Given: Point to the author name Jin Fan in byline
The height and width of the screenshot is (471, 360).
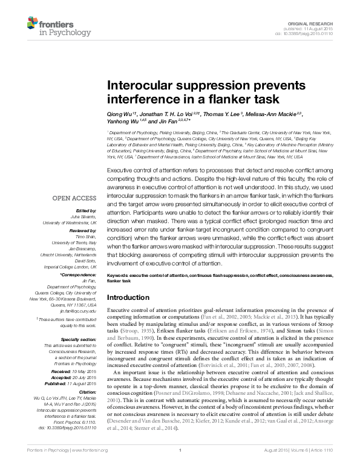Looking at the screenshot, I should [166, 121].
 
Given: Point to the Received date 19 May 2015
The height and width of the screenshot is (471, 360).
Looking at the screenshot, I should [81, 373].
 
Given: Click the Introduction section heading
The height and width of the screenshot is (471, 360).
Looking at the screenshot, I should [131, 298].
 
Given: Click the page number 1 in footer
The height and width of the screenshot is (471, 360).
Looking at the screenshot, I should [180, 467].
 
